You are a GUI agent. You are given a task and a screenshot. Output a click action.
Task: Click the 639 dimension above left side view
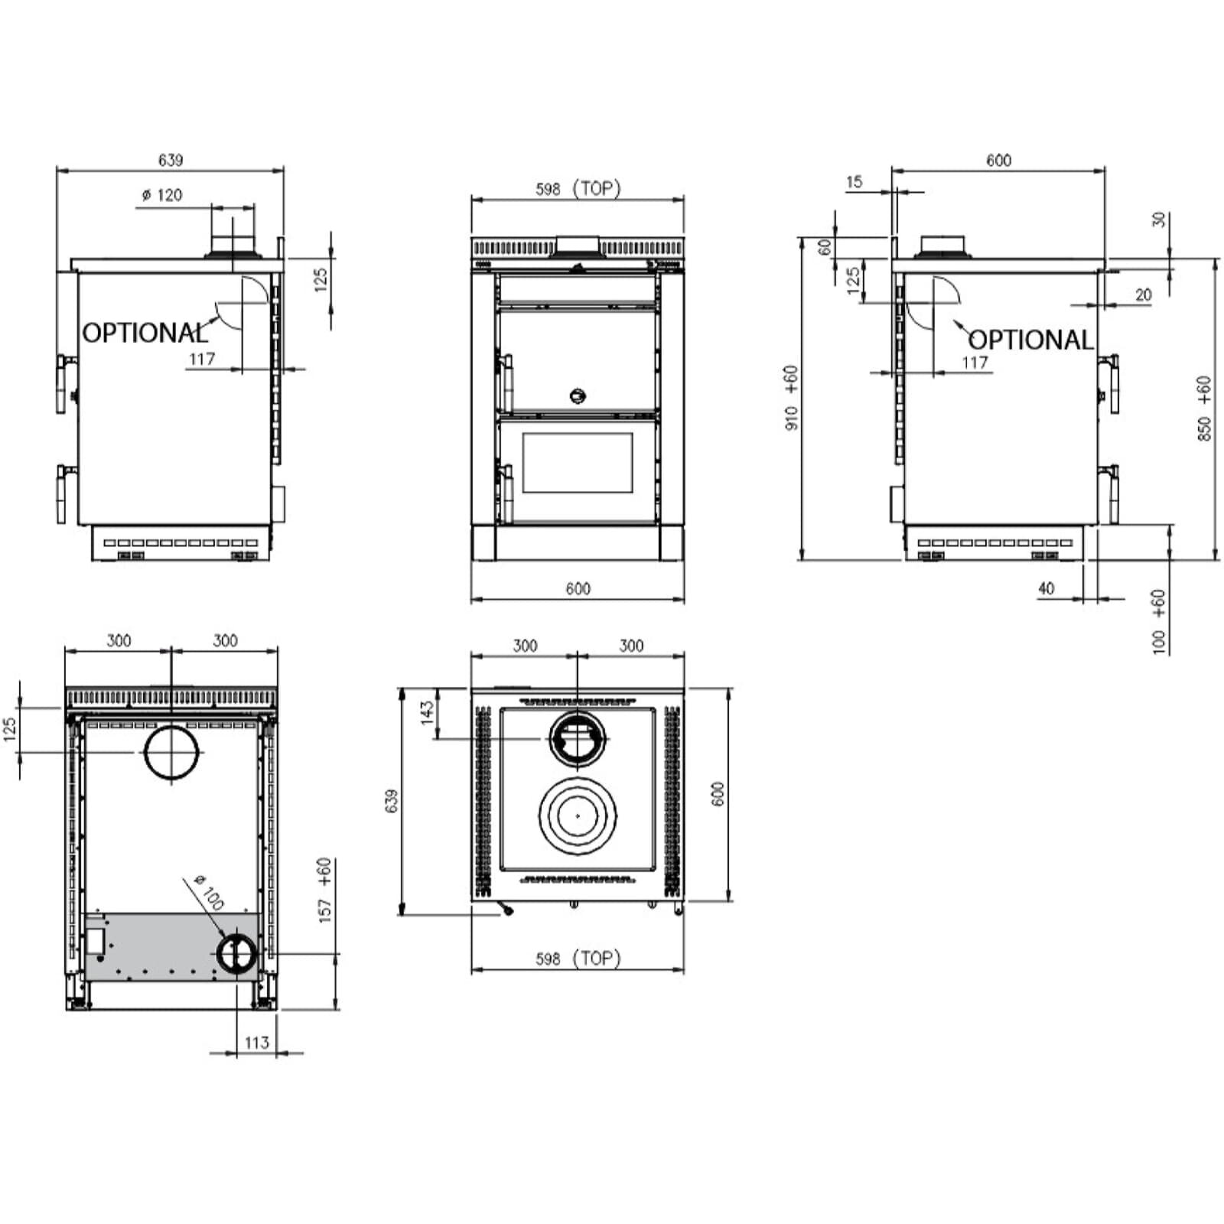171,160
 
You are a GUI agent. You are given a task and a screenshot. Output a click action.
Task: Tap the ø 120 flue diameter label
162,195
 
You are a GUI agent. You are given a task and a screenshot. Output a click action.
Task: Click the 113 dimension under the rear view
256,1042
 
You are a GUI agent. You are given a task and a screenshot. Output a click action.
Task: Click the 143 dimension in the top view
427,711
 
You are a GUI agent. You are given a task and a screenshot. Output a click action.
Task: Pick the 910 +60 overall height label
791,397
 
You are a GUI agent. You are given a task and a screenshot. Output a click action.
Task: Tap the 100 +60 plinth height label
1159,620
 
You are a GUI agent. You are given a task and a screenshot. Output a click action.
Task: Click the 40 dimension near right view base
1046,588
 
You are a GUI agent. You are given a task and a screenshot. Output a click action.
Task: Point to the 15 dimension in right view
854,182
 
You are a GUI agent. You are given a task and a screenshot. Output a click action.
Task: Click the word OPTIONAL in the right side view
1030,340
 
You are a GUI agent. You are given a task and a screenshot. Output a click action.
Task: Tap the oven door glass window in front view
578,463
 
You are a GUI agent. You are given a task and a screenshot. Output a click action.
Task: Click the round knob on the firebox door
578,396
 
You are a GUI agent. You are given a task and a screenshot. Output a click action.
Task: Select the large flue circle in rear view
171,752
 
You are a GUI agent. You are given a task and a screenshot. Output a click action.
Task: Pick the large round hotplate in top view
578,815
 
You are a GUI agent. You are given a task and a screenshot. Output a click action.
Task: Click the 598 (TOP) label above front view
578,188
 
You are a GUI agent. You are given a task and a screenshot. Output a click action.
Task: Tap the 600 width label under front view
578,588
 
